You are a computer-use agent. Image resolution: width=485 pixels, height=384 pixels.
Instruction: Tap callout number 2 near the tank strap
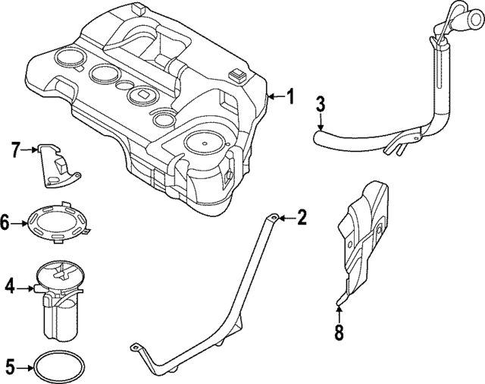302,219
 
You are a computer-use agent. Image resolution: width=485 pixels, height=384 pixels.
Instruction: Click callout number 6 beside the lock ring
6,223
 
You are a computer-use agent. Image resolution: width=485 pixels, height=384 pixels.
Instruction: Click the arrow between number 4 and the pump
27,288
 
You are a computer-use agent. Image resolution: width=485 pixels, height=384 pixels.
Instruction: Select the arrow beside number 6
21,223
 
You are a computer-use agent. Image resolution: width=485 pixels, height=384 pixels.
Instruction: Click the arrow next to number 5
26,369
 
